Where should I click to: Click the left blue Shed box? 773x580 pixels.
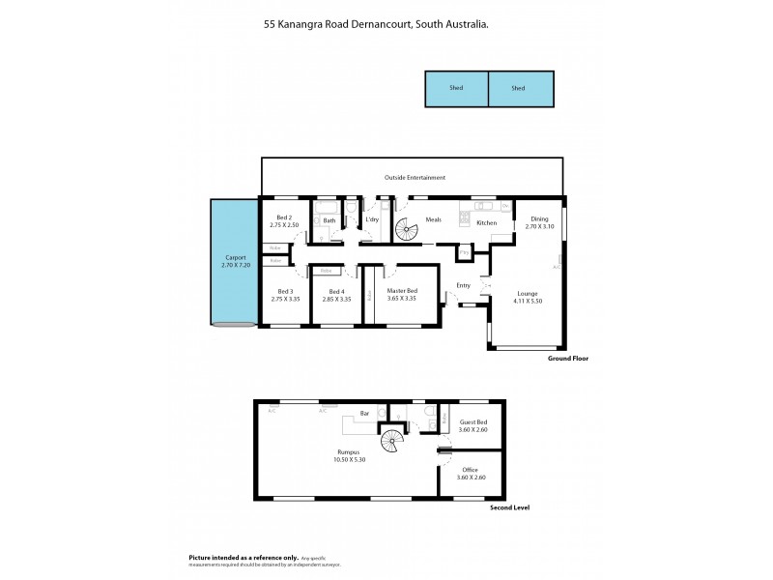click(456, 88)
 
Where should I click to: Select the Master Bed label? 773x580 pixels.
click(402, 291)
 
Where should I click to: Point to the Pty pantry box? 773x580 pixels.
click(465, 253)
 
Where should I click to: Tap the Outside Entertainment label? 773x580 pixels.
click(415, 178)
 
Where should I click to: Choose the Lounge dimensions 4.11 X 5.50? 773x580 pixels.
click(529, 301)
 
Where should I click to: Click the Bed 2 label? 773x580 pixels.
click(284, 217)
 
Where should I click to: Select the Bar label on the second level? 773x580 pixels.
click(364, 415)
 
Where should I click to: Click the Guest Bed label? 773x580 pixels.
click(473, 422)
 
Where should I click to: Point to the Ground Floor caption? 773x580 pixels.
click(567, 358)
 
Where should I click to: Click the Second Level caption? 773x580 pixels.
click(510, 507)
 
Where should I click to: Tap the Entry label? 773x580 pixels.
click(463, 284)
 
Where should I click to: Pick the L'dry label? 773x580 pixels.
click(372, 219)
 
